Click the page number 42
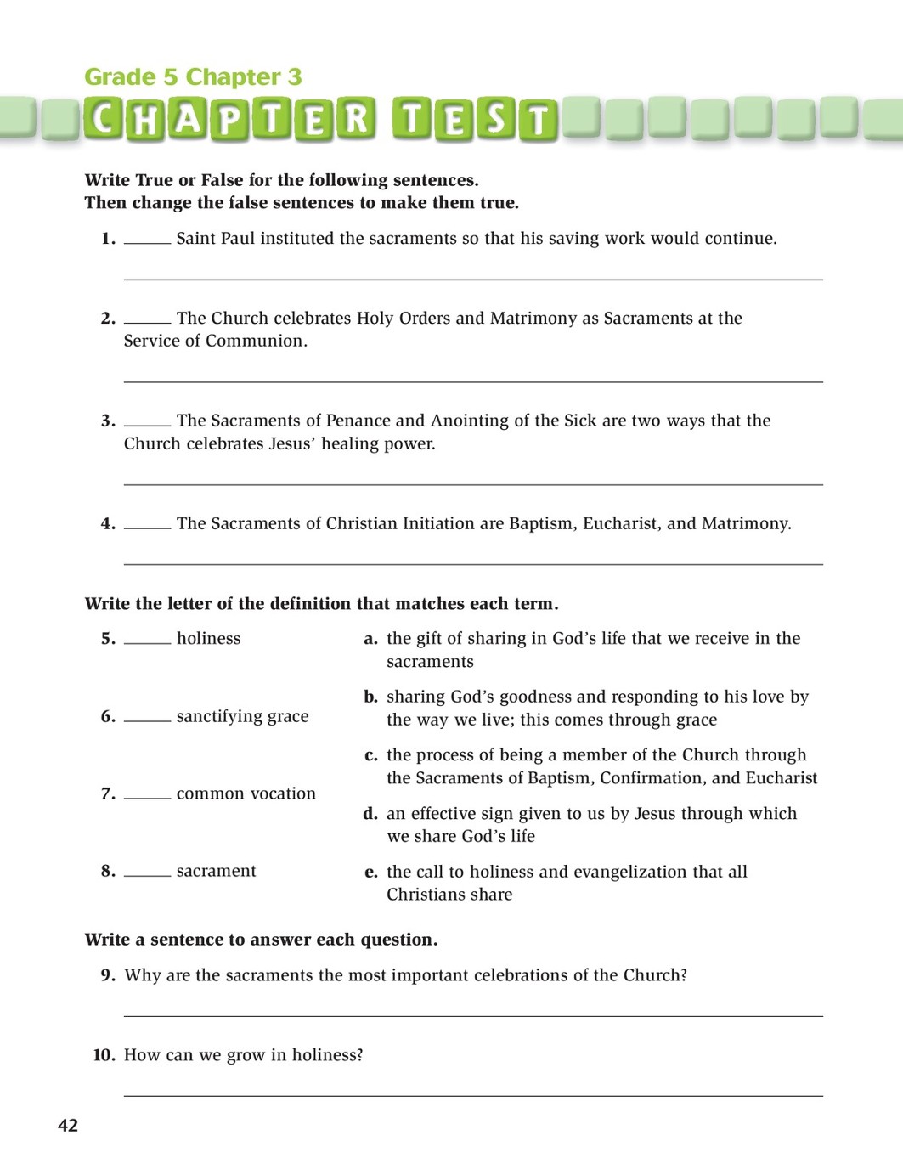[x=68, y=1126]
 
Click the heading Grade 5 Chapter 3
[x=193, y=77]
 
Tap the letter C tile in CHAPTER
[x=104, y=121]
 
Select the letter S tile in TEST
[x=496, y=121]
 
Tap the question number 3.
[x=108, y=421]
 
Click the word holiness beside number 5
[x=208, y=639]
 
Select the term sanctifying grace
[x=242, y=717]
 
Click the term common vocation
[x=246, y=794]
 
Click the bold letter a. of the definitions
[x=370, y=639]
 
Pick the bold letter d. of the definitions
[x=370, y=814]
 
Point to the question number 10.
[x=104, y=1055]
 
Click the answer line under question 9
[x=473, y=1015]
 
